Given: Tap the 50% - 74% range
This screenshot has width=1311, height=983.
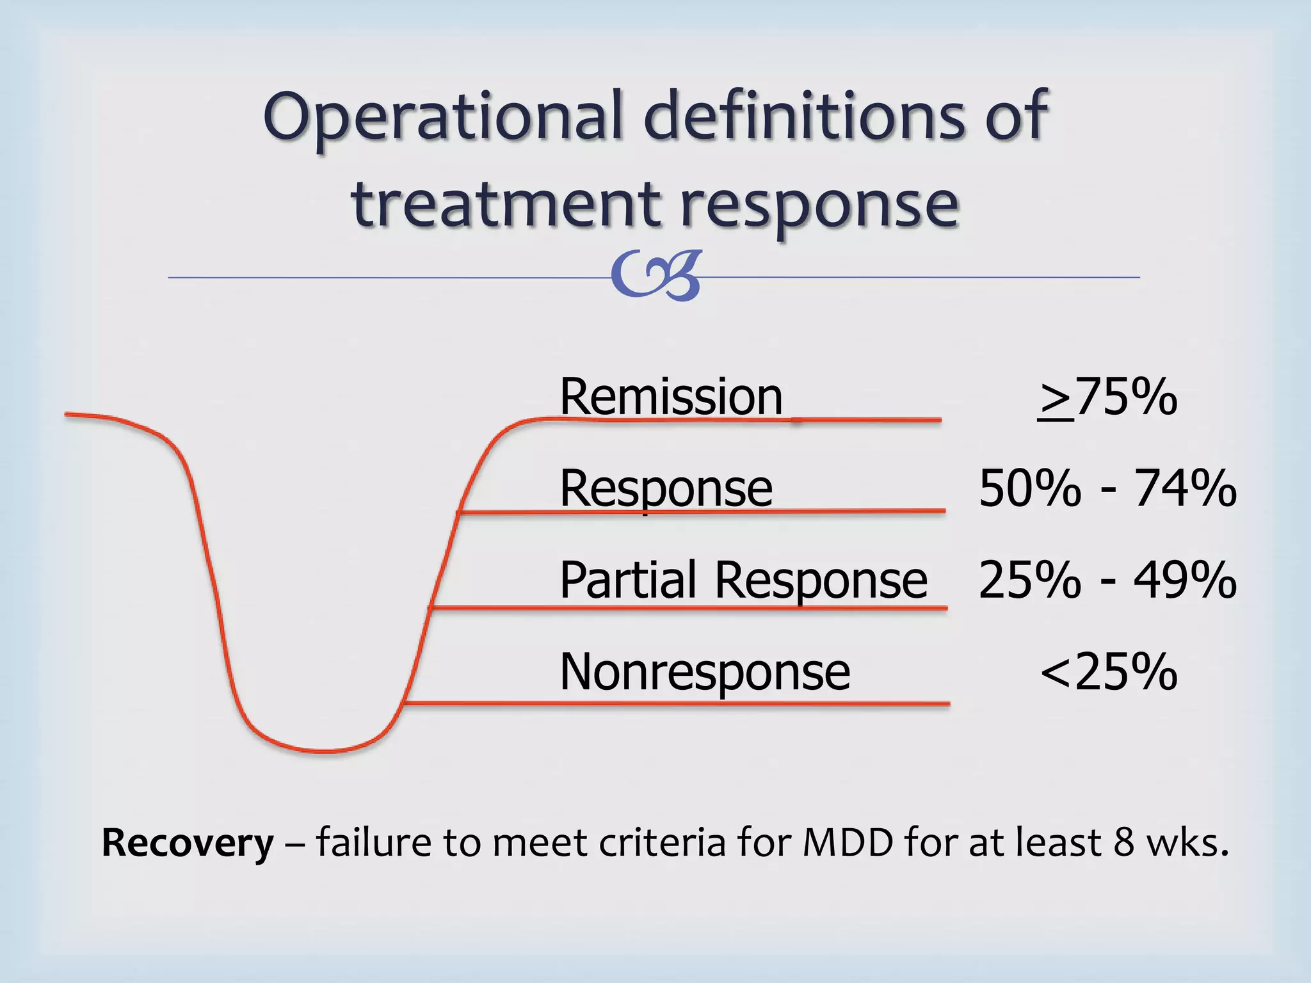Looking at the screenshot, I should [1107, 489].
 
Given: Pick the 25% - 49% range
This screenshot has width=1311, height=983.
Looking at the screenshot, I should [1107, 580].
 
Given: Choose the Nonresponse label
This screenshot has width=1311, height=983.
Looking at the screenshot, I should [704, 672].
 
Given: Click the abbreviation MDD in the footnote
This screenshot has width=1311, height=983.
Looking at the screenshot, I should [848, 842].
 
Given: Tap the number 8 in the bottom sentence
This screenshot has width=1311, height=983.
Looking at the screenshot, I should [1123, 842].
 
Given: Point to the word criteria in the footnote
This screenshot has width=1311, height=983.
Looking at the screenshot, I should [663, 842].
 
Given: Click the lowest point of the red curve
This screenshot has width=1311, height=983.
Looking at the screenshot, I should [323, 751].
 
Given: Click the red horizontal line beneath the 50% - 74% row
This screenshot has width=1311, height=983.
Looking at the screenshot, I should [704, 511].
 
